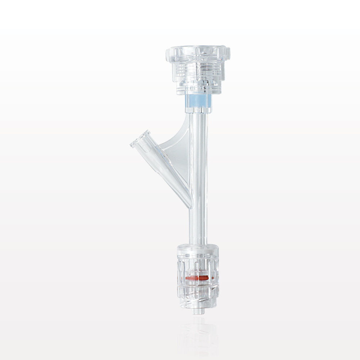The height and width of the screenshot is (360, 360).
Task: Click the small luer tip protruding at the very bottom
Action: coord(198,311)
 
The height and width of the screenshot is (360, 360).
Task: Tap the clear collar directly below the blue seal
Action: coord(198,110)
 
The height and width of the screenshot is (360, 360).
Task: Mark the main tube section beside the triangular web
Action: coord(198,155)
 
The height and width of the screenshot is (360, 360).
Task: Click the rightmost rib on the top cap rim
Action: coord(228,54)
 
